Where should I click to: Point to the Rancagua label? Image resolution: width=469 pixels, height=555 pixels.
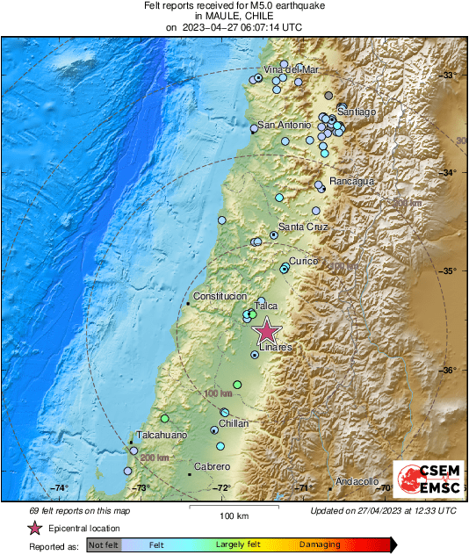coord(351,181)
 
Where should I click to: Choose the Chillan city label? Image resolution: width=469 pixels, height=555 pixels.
coord(234,423)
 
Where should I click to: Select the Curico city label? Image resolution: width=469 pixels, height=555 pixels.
coord(304,262)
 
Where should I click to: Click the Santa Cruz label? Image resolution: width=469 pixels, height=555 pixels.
coord(303,227)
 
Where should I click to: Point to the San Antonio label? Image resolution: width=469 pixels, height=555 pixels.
coord(282,125)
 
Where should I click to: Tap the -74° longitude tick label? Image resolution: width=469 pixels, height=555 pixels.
coord(59,488)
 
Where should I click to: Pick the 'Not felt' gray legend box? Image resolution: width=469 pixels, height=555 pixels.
coord(104,544)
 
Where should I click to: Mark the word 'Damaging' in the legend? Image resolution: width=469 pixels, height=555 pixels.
coord(320,544)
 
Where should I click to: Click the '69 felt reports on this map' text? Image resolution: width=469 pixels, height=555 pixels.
coord(81,511)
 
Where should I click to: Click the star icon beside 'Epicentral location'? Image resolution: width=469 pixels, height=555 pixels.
coord(34,528)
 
